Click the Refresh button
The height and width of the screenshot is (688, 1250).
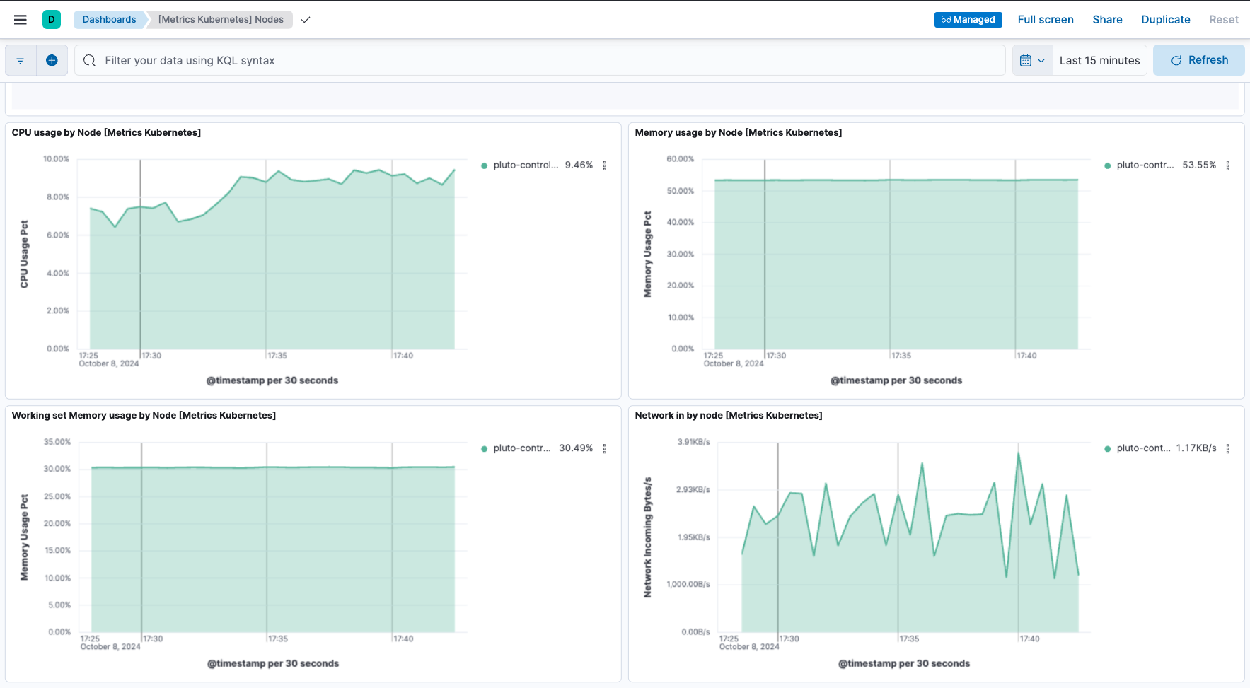[1199, 60]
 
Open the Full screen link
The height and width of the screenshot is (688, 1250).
[1045, 20]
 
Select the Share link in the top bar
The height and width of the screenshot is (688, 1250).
[1107, 20]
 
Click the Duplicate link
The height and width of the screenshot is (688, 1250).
[1165, 20]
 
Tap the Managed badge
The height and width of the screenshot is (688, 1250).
[968, 20]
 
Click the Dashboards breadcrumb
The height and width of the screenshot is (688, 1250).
[109, 20]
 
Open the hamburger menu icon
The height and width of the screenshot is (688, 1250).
[21, 20]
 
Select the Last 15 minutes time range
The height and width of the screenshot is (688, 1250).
[1099, 61]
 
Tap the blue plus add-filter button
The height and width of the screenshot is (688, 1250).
[52, 61]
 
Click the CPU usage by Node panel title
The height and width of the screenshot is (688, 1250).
[106, 133]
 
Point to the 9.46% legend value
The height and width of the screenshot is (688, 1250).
[579, 165]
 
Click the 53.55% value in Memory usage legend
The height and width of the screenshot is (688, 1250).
[1199, 165]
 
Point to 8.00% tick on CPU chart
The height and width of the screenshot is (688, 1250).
[58, 197]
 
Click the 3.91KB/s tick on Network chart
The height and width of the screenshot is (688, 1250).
[693, 442]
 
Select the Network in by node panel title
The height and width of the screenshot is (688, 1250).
[728, 416]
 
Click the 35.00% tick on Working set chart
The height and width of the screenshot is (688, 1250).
[57, 442]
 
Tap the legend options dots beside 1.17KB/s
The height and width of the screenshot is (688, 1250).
[1227, 448]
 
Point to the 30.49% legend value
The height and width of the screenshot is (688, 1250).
[576, 448]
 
